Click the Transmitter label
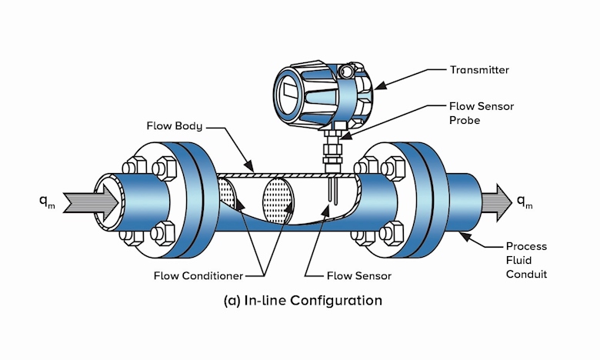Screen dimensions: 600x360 tap(479, 70)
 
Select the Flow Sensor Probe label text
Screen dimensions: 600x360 tap(482, 113)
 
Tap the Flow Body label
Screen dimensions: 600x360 tap(175, 126)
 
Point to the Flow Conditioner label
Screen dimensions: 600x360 tap(198, 276)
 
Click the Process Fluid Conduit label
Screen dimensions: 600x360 tap(526, 260)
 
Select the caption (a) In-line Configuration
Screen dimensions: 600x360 tap(302, 301)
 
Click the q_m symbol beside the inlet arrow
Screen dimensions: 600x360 tap(47, 202)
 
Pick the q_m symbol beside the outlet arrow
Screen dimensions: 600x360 tap(525, 202)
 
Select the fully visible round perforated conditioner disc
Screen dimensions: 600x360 tap(278, 201)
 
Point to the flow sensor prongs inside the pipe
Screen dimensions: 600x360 tap(332, 190)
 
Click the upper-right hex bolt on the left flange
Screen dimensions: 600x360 tap(165, 168)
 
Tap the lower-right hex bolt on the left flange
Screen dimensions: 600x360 tap(163, 233)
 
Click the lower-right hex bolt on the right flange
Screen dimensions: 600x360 tap(392, 233)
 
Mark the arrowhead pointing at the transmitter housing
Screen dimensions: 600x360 tap(380, 86)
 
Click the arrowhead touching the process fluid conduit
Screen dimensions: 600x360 tap(465, 237)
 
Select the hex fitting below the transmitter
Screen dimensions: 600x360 tap(332, 148)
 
